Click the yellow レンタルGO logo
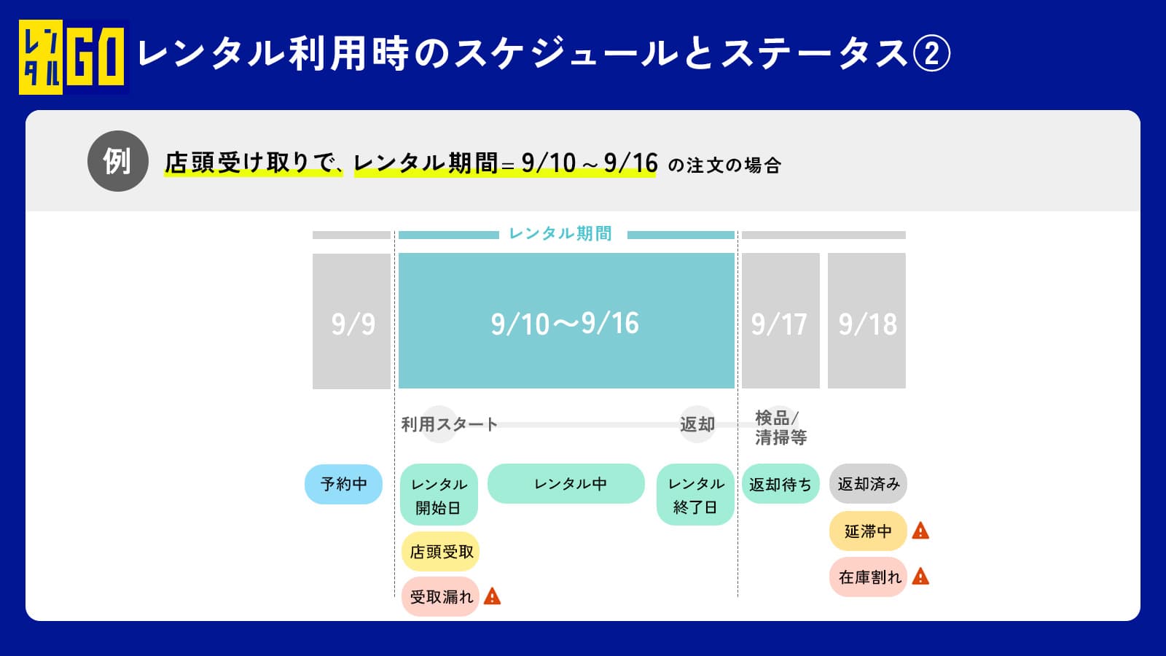pyautogui.click(x=73, y=57)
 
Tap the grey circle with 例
pyautogui.click(x=117, y=161)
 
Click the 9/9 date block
pyautogui.click(x=351, y=321)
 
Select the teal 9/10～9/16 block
pyautogui.click(x=566, y=321)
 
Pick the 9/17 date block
pyautogui.click(x=780, y=321)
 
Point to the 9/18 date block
pyautogui.click(x=866, y=321)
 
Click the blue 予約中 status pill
pyautogui.click(x=343, y=484)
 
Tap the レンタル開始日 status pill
pyautogui.click(x=439, y=495)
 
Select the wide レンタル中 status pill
pyautogui.click(x=566, y=484)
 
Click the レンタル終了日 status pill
pyautogui.click(x=695, y=495)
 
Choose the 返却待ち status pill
pyautogui.click(x=780, y=484)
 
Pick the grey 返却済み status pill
pyautogui.click(x=868, y=484)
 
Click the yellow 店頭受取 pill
pyautogui.click(x=440, y=551)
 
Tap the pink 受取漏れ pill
pyautogui.click(x=440, y=597)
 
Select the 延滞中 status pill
pyautogui.click(x=868, y=531)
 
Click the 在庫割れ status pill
pyautogui.click(x=868, y=577)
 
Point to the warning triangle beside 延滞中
pyautogui.click(x=921, y=531)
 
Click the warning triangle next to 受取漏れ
pyautogui.click(x=492, y=596)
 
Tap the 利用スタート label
pyautogui.click(x=449, y=424)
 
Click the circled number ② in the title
pyautogui.click(x=932, y=53)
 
